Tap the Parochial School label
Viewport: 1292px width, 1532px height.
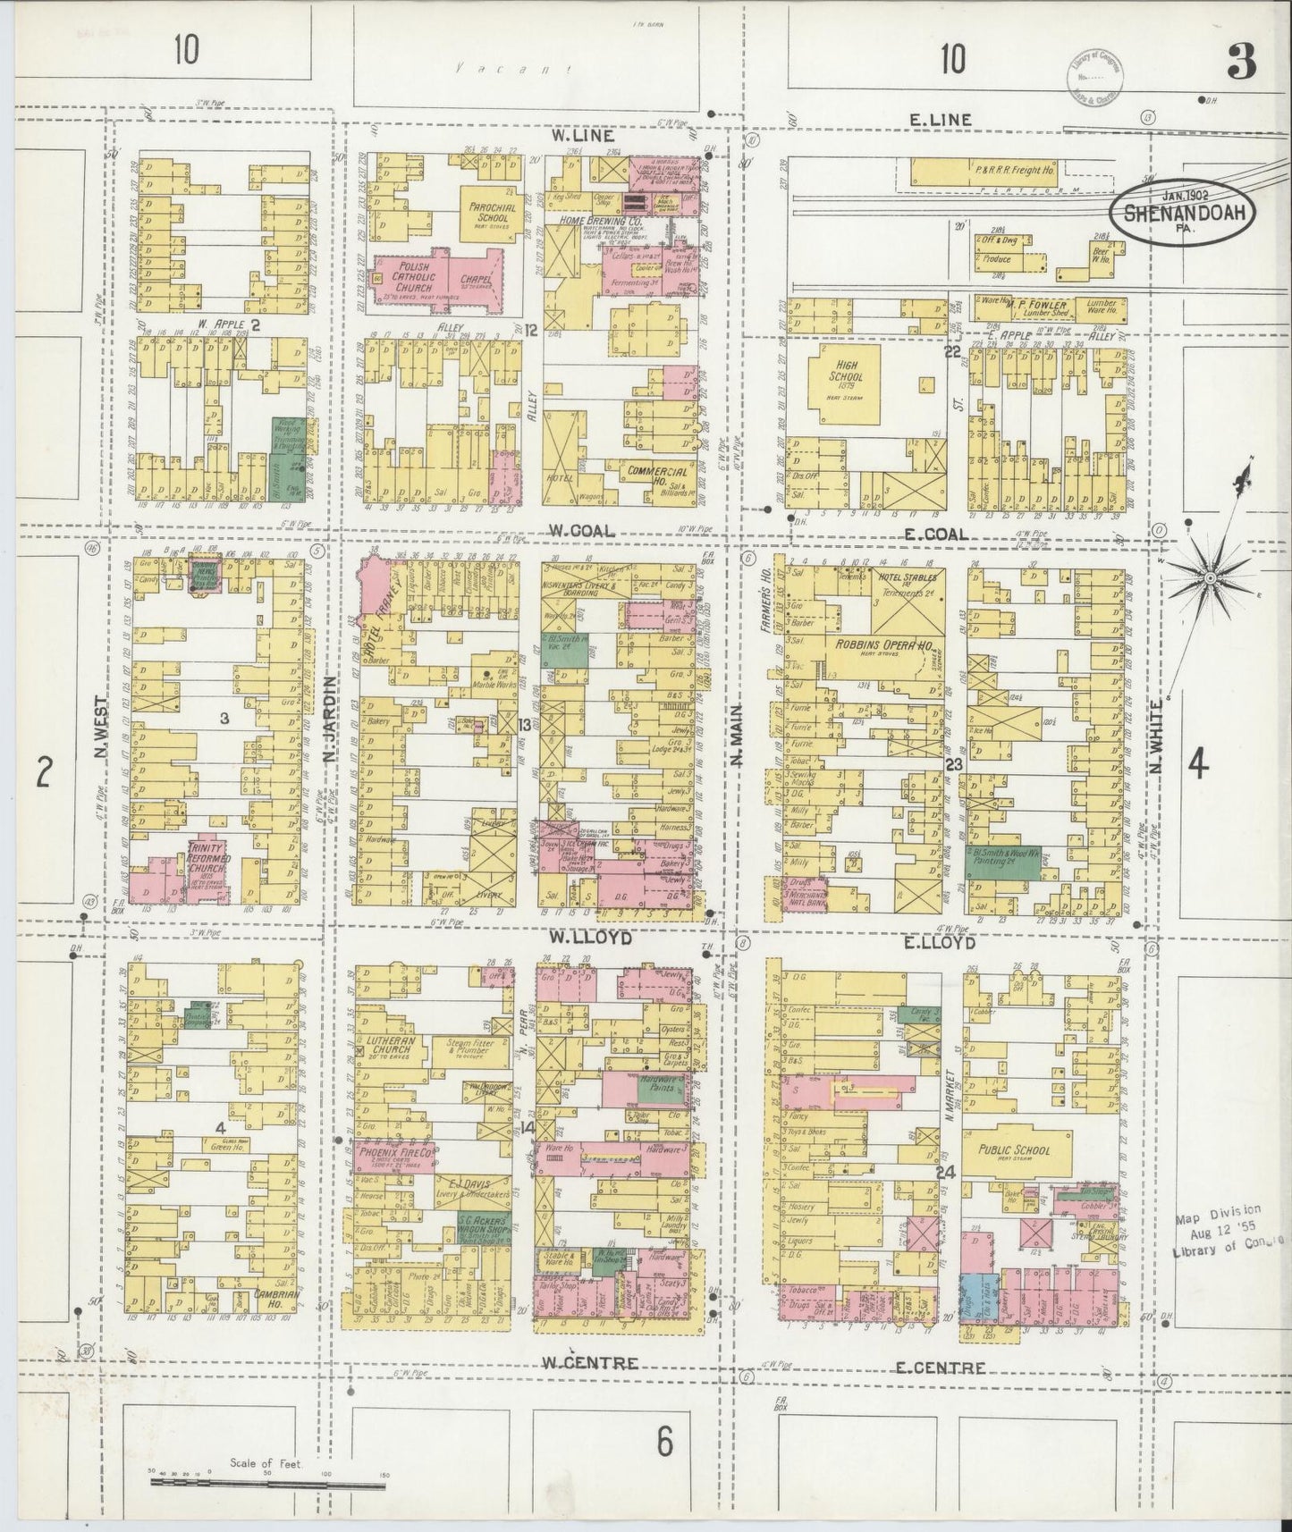click(x=488, y=211)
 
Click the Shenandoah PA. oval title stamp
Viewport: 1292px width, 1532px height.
click(x=1184, y=212)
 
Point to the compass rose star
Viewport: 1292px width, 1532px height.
click(x=1210, y=579)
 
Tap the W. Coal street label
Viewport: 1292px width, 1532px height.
click(x=581, y=531)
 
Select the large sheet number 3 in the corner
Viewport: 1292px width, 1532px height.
click(x=1242, y=61)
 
